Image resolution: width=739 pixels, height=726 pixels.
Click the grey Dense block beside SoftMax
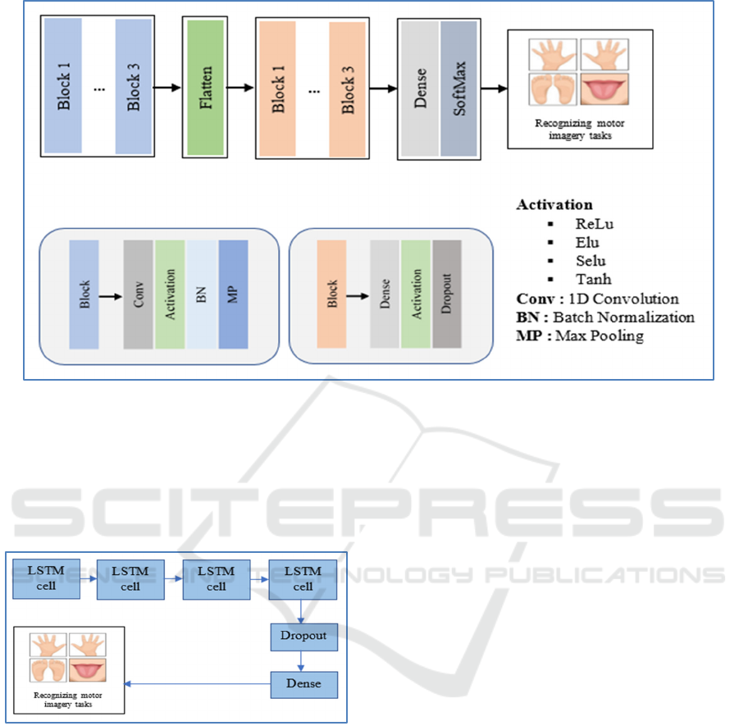coord(419,89)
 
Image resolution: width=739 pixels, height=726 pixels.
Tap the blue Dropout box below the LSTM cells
coord(303,636)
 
